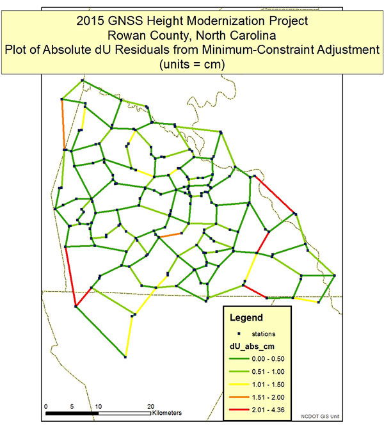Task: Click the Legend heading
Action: click(246, 317)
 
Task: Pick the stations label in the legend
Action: click(264, 334)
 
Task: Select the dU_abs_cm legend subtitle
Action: click(252, 347)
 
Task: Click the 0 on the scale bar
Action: click(46, 406)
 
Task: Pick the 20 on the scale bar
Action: click(151, 406)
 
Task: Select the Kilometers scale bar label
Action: click(167, 413)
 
